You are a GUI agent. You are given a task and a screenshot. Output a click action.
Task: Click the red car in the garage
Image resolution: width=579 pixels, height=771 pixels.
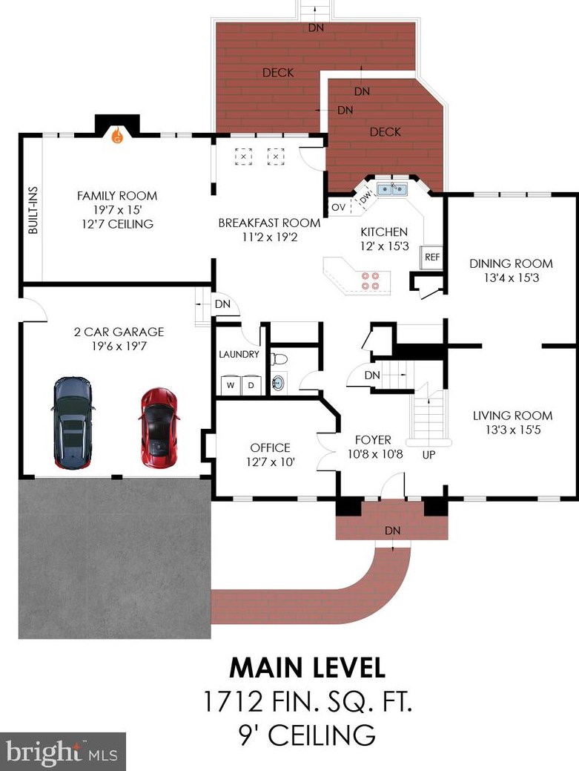(159, 427)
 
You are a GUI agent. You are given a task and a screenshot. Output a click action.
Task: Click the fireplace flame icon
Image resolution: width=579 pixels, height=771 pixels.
(117, 135)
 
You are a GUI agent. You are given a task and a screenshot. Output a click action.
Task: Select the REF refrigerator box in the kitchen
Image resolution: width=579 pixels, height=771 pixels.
(432, 257)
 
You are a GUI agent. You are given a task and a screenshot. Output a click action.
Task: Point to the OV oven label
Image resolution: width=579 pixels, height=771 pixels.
(338, 207)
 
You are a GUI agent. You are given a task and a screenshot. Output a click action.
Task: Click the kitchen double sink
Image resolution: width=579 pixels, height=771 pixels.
(392, 188)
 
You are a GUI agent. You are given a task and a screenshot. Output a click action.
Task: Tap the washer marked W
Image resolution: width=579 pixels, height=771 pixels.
(230, 385)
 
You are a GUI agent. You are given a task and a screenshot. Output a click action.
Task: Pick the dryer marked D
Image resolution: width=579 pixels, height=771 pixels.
(251, 385)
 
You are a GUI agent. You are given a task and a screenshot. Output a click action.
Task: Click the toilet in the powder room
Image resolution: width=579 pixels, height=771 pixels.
(279, 358)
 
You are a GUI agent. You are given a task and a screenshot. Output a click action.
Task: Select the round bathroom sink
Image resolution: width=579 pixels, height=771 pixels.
(279, 382)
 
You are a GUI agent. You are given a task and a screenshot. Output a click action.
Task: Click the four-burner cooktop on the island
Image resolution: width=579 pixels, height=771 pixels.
(370, 280)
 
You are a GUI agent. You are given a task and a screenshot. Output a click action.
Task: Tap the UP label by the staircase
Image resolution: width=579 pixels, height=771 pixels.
(429, 455)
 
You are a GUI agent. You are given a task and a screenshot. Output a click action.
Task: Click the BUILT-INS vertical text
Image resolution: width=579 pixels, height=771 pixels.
(33, 210)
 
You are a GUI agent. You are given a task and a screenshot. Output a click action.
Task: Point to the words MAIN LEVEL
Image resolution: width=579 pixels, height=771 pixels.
(308, 669)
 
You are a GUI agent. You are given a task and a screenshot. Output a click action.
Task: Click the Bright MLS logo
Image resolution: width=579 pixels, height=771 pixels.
(62, 752)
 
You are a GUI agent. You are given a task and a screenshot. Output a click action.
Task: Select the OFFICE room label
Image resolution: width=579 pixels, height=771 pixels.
(270, 447)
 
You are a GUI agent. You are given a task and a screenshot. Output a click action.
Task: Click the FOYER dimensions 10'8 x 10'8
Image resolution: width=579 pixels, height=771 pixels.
(375, 454)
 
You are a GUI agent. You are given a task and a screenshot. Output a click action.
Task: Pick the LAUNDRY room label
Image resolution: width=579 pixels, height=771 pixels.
(239, 354)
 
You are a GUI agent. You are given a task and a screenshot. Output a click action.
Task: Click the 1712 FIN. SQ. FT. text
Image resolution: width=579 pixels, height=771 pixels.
(308, 701)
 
